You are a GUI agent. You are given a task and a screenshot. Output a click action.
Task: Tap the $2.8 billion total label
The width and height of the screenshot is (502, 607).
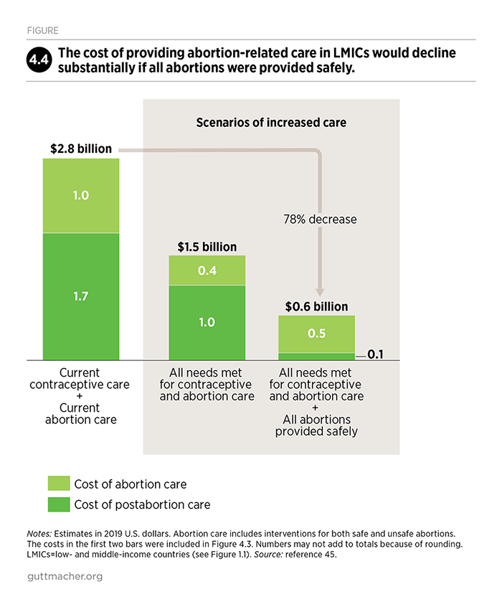81,149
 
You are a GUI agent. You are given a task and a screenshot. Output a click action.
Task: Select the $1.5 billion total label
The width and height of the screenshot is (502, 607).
207,247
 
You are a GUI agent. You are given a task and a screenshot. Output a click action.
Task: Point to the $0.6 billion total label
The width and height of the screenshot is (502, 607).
316,306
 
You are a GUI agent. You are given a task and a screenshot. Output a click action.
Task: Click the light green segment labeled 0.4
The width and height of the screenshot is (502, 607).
207,270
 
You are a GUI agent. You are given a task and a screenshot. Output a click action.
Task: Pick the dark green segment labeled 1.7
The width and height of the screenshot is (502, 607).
81,296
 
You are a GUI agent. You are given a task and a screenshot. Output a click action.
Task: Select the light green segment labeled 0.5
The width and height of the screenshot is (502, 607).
316,334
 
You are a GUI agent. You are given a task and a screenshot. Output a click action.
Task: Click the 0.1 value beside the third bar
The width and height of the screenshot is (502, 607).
376,354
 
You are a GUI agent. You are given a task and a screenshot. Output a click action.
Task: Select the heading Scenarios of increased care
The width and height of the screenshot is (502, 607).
271,123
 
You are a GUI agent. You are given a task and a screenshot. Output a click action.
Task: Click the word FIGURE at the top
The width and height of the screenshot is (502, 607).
44,31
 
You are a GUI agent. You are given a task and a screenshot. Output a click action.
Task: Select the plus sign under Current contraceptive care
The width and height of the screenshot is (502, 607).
80,397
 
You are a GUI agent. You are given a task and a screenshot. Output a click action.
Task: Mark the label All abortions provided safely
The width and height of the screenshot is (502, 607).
316,425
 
